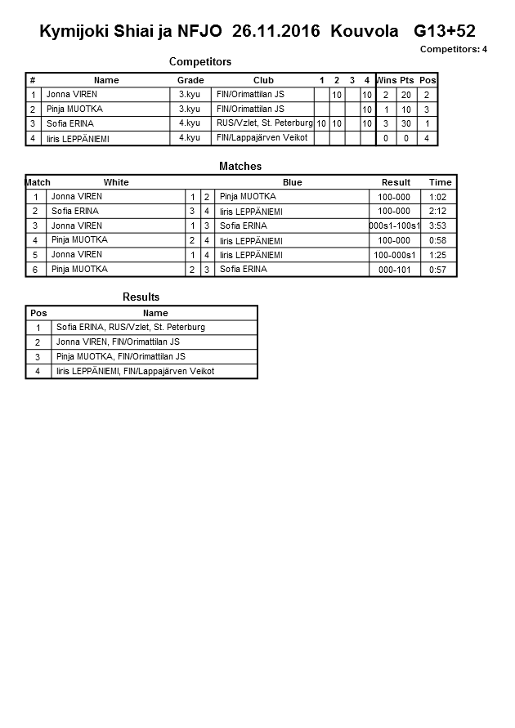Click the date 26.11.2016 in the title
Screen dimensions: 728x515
278,32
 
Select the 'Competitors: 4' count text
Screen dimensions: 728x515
454,50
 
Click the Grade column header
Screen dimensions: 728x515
190,80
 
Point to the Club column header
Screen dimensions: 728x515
263,80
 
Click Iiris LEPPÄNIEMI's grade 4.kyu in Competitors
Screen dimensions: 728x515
190,138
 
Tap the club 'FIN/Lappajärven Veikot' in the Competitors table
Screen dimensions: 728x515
262,138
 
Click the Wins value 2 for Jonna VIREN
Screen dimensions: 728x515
386,95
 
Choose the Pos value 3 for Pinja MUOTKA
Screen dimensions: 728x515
427,109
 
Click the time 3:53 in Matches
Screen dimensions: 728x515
440,226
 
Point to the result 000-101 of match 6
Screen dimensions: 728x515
395,270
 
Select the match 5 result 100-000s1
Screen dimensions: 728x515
395,255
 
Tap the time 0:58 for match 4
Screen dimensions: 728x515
440,240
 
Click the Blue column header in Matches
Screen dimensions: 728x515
292,182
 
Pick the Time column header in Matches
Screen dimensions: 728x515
440,182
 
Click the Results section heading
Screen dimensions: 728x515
141,297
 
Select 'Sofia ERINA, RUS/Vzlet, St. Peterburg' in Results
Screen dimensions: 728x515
131,327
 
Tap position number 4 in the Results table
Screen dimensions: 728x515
38,372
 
